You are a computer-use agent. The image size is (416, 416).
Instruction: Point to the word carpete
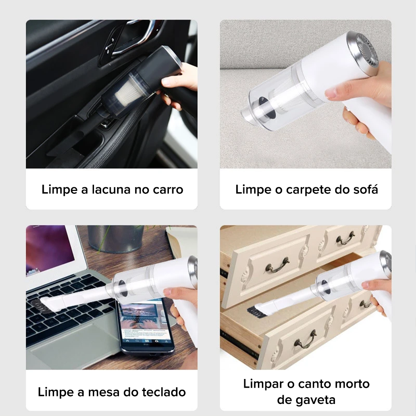[x=307, y=190]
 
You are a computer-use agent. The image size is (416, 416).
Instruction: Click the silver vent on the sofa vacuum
[x=363, y=52]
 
